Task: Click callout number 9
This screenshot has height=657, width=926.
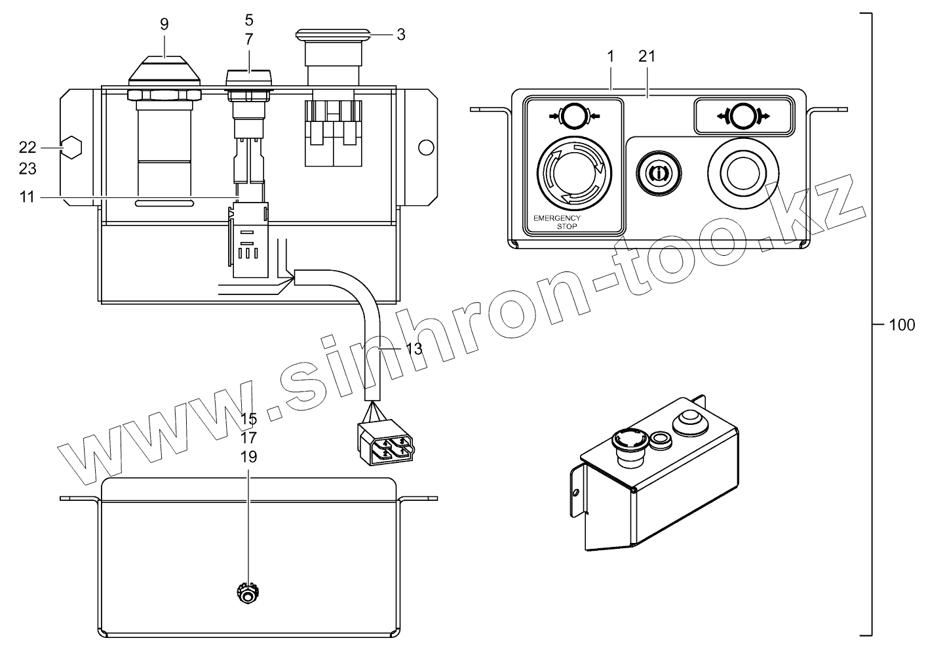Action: pos(164,24)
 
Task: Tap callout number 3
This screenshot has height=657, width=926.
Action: pos(400,34)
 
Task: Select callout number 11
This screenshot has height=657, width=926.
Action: pos(26,197)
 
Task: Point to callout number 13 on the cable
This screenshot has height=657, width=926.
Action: pos(414,349)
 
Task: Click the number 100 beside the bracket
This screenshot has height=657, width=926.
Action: pos(902,325)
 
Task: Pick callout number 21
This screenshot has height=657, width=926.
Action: pos(647,56)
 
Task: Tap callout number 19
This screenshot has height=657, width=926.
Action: pos(248,457)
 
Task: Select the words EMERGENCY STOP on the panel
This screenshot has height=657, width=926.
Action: pos(557,222)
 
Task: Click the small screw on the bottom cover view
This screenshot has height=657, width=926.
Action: pos(248,593)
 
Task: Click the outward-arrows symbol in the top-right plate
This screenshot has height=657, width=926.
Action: pos(743,115)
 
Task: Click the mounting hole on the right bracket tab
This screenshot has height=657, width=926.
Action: pos(426,148)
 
